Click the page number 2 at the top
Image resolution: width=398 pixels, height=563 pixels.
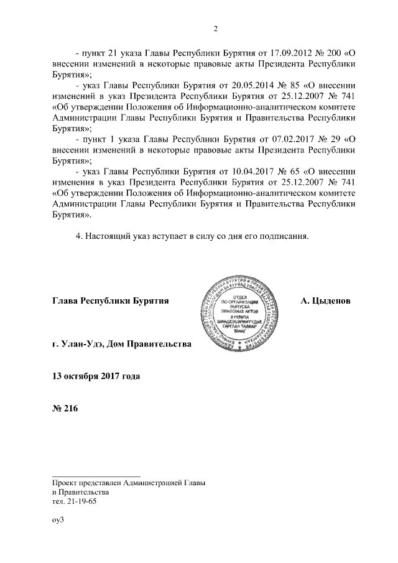(x=215, y=29)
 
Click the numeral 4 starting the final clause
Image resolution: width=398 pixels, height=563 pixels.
(x=77, y=236)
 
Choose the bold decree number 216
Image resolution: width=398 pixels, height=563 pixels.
(x=72, y=409)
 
